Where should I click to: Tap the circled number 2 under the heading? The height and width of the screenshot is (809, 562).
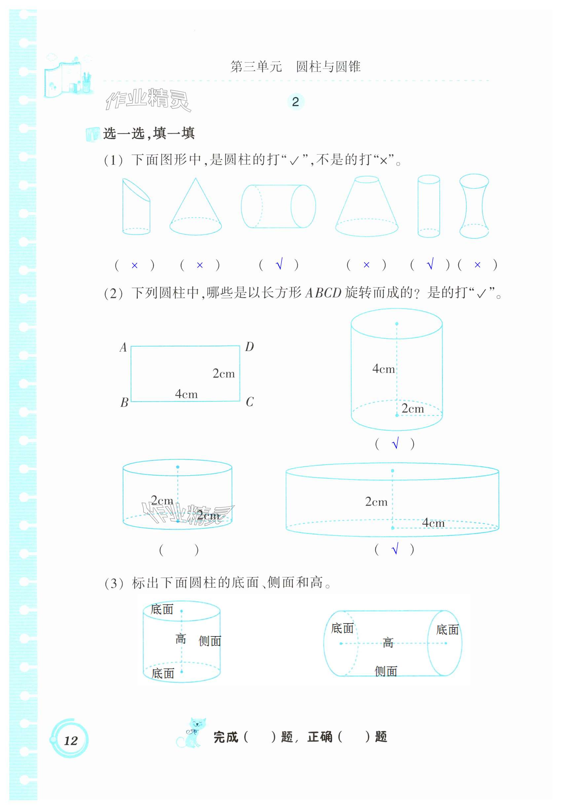296,102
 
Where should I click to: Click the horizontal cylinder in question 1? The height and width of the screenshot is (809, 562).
278,206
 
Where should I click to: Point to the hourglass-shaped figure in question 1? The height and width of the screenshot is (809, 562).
474,206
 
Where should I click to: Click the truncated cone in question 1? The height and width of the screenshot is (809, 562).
366,208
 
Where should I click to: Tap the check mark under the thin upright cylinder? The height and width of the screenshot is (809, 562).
430,264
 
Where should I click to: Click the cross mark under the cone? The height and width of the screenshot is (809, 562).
200,265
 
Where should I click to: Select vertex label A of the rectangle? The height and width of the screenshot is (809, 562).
123,347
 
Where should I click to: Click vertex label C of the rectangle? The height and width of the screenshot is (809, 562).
249,402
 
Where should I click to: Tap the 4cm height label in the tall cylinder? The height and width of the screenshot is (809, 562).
383,369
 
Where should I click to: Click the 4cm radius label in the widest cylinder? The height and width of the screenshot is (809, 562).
433,522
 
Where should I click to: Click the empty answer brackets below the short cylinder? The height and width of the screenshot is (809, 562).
179,550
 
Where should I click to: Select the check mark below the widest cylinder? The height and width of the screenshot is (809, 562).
395,549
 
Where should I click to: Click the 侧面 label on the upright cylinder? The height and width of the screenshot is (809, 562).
210,641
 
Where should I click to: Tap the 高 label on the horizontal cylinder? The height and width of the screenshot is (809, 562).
388,642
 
